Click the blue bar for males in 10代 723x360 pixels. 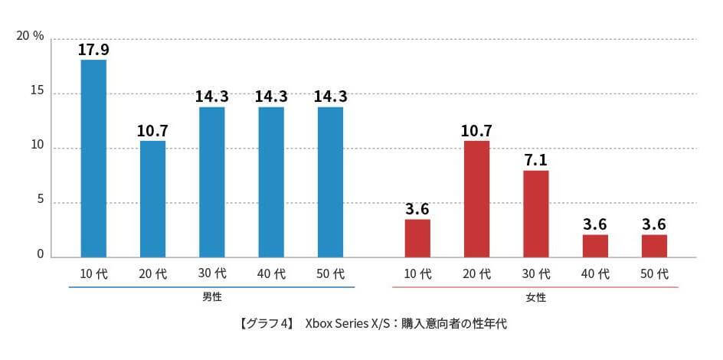(x=93, y=158)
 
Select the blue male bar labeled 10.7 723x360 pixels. (x=152, y=199)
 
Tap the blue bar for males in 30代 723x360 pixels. (x=211, y=182)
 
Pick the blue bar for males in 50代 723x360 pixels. (x=330, y=182)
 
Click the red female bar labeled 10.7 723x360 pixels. (x=476, y=199)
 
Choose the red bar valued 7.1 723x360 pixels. (x=535, y=214)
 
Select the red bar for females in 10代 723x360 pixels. (x=417, y=238)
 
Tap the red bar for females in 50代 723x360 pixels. (x=654, y=246)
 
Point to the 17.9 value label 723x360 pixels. (x=93, y=50)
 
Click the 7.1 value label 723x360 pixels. (x=535, y=160)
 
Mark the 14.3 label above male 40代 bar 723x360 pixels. (x=271, y=97)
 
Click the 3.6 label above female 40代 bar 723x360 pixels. (x=595, y=224)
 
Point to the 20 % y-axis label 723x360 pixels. (x=29, y=37)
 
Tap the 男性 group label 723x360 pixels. (x=211, y=296)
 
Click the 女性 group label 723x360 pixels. (x=535, y=296)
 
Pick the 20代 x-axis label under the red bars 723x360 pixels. (x=476, y=273)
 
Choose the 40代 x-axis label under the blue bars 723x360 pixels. (x=271, y=273)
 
